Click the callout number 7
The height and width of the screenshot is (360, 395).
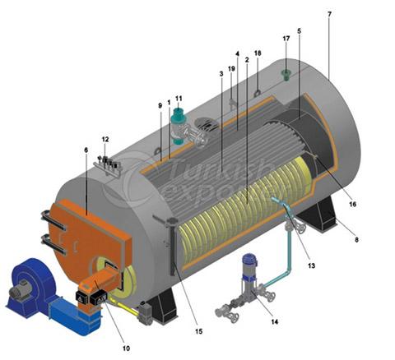point(329,14)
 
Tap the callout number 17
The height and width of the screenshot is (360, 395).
point(286,39)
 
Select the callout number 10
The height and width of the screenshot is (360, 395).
point(126,348)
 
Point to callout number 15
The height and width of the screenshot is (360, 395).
point(199,331)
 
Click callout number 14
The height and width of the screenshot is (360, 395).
point(275,321)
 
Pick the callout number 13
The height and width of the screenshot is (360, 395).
point(312,265)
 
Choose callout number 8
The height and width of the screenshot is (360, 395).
point(356,240)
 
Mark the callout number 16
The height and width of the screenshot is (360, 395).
point(352,204)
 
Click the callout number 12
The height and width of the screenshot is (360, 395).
point(105,140)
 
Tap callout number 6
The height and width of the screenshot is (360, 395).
point(86,150)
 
